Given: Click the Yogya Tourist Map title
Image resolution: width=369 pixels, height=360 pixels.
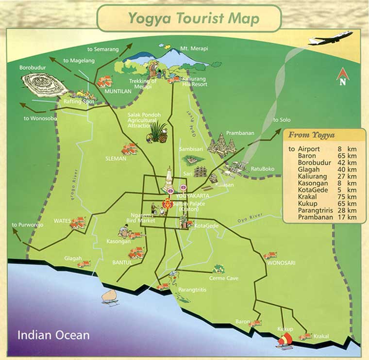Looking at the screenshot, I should tap(193, 18).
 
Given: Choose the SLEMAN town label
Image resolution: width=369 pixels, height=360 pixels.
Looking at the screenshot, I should tap(116, 158).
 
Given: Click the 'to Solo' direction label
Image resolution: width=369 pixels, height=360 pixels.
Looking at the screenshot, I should tap(282, 120).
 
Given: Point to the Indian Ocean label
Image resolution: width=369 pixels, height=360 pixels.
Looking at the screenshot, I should tap(53, 335).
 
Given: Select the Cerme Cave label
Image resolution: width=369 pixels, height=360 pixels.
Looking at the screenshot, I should tap(223, 278).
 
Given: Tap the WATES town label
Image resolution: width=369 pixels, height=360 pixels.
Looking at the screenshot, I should tap(62, 221).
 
